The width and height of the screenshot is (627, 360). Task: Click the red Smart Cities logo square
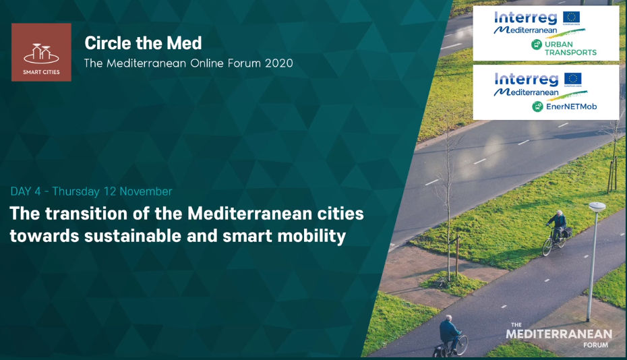(41, 52)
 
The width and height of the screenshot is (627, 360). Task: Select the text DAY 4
(26, 191)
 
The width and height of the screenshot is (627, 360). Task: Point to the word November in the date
(146, 191)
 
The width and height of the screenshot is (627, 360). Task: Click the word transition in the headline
(86, 214)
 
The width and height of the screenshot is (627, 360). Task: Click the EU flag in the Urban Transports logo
(571, 18)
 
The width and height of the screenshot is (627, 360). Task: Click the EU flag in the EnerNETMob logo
(572, 79)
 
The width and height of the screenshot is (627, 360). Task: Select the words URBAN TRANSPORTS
(570, 49)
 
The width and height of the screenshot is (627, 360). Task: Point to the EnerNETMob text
(571, 107)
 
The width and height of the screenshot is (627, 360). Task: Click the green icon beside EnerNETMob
(537, 107)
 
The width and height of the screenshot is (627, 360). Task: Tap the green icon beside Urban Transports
(536, 44)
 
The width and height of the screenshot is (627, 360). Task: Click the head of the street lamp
(597, 206)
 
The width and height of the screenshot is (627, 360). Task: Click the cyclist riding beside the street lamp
(556, 233)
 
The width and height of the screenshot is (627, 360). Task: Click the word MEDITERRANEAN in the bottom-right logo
(559, 334)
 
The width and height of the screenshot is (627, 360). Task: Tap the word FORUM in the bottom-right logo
(595, 344)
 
